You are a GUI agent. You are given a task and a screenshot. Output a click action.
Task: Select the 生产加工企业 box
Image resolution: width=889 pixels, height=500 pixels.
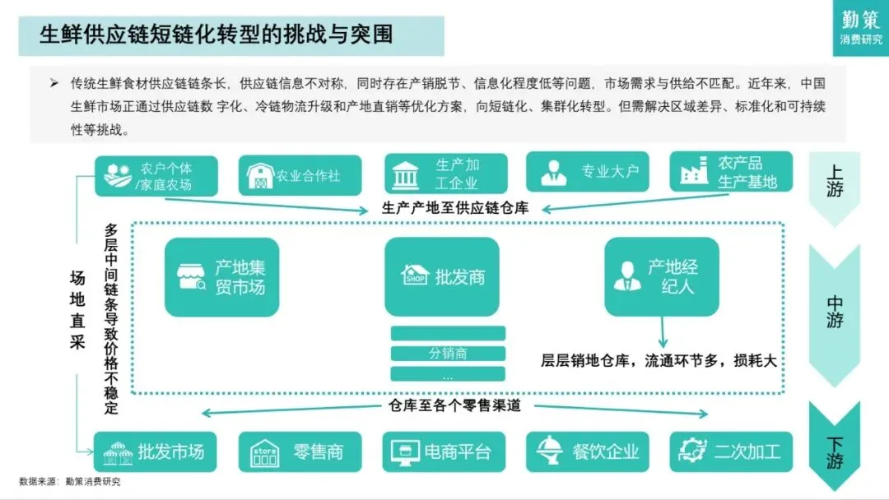click(x=445, y=174)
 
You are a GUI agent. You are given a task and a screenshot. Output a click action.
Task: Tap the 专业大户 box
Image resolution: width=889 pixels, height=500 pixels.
click(x=589, y=173)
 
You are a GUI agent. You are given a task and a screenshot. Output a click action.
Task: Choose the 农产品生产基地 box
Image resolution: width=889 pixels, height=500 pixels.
click(x=731, y=172)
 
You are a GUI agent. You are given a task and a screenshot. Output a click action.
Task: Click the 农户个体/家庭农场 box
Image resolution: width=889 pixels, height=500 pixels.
click(x=156, y=176)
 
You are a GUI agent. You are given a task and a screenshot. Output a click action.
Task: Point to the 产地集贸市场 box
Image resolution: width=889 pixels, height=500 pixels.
click(x=221, y=277)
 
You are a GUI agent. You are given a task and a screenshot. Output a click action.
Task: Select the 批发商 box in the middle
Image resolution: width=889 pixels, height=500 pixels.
click(x=441, y=276)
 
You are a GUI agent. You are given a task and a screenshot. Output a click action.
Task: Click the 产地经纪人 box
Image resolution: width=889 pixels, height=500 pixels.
click(x=661, y=277)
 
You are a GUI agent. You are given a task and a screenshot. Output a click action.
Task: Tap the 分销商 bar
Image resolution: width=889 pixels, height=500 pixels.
click(x=447, y=354)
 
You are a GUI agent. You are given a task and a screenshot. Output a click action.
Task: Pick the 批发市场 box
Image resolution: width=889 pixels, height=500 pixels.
click(x=156, y=451)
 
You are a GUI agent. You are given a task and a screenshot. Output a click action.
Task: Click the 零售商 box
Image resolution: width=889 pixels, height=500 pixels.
click(x=300, y=451)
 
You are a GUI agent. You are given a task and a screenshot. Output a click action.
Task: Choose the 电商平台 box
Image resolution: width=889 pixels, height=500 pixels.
click(x=444, y=451)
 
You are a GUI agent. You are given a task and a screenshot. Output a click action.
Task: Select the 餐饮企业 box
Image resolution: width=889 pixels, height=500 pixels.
click(x=589, y=451)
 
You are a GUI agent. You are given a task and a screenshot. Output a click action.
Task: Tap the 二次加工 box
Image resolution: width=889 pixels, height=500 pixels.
click(x=731, y=451)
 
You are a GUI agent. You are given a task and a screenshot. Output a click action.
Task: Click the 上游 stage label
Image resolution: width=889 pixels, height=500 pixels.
click(x=834, y=183)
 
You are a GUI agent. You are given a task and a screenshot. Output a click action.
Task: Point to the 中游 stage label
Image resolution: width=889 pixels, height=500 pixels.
click(x=834, y=312)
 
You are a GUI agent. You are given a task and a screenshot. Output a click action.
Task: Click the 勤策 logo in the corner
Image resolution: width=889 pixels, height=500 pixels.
click(x=860, y=27)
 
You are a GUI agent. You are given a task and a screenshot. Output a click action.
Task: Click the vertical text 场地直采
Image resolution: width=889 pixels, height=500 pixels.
click(x=77, y=310)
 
